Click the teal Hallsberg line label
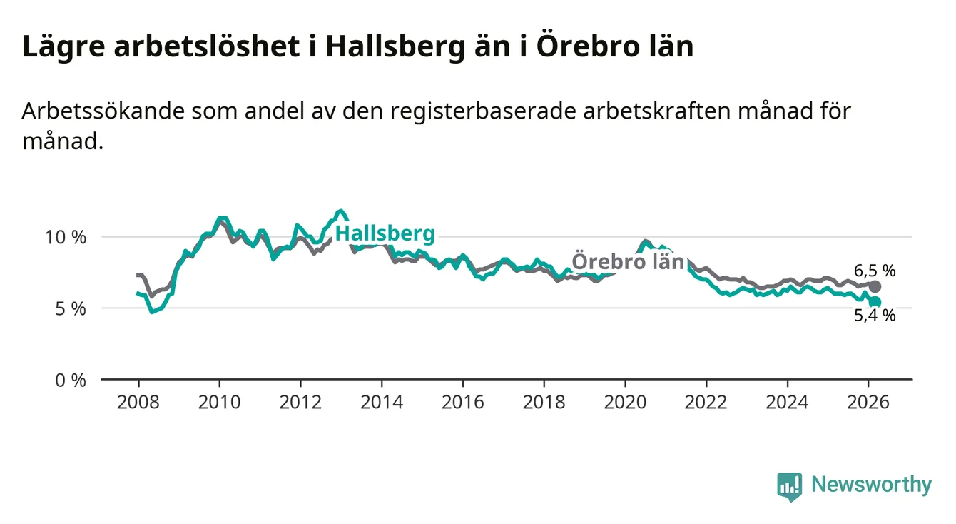coord(385,233)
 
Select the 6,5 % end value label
coord(874,271)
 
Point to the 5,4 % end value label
coord(874,316)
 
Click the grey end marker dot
coord(875,286)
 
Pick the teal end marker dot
coord(875,302)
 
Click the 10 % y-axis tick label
coord(65,237)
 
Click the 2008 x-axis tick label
coord(138,402)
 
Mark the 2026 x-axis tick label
coord(868,402)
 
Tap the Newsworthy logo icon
coord(789,486)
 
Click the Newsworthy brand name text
coord(871,485)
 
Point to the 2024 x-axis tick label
coord(787,402)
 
